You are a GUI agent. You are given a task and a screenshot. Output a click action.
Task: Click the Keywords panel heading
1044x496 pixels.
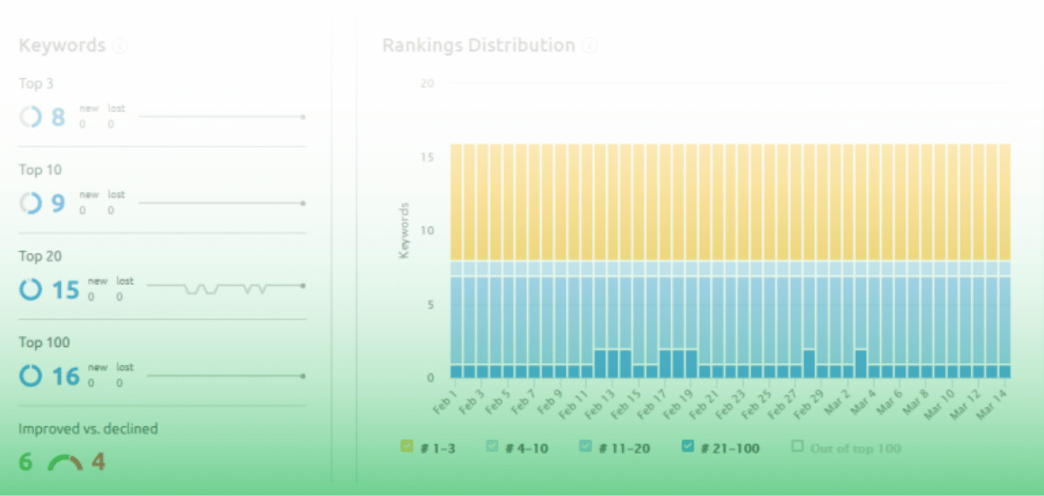tap(62, 45)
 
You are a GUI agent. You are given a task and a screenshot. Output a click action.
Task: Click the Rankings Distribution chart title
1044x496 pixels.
tap(478, 45)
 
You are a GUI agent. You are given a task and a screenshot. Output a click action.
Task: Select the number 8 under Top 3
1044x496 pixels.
tap(58, 117)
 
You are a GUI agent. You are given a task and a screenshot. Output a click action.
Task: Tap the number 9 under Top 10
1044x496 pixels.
tap(58, 204)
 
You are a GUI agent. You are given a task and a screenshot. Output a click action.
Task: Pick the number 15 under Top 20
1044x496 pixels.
tap(65, 290)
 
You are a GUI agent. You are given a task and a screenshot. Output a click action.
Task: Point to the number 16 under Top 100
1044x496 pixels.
tap(65, 377)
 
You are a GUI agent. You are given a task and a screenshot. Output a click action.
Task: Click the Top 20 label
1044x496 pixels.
tap(40, 256)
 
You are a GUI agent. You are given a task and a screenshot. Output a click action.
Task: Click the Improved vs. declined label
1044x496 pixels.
tap(88, 429)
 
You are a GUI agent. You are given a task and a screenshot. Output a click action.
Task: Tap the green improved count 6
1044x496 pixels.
tap(25, 462)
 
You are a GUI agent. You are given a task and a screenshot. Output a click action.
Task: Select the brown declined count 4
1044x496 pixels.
tap(98, 462)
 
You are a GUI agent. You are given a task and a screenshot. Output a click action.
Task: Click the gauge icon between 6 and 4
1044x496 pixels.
tap(65, 463)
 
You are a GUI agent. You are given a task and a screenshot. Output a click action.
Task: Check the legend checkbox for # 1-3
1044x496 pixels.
tap(407, 446)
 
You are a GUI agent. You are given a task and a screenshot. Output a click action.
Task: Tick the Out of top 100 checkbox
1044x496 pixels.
tap(797, 446)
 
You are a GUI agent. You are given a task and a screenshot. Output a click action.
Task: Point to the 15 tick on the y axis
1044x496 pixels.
tap(427, 157)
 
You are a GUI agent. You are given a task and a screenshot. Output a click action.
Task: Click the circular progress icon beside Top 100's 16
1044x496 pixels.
tap(30, 376)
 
